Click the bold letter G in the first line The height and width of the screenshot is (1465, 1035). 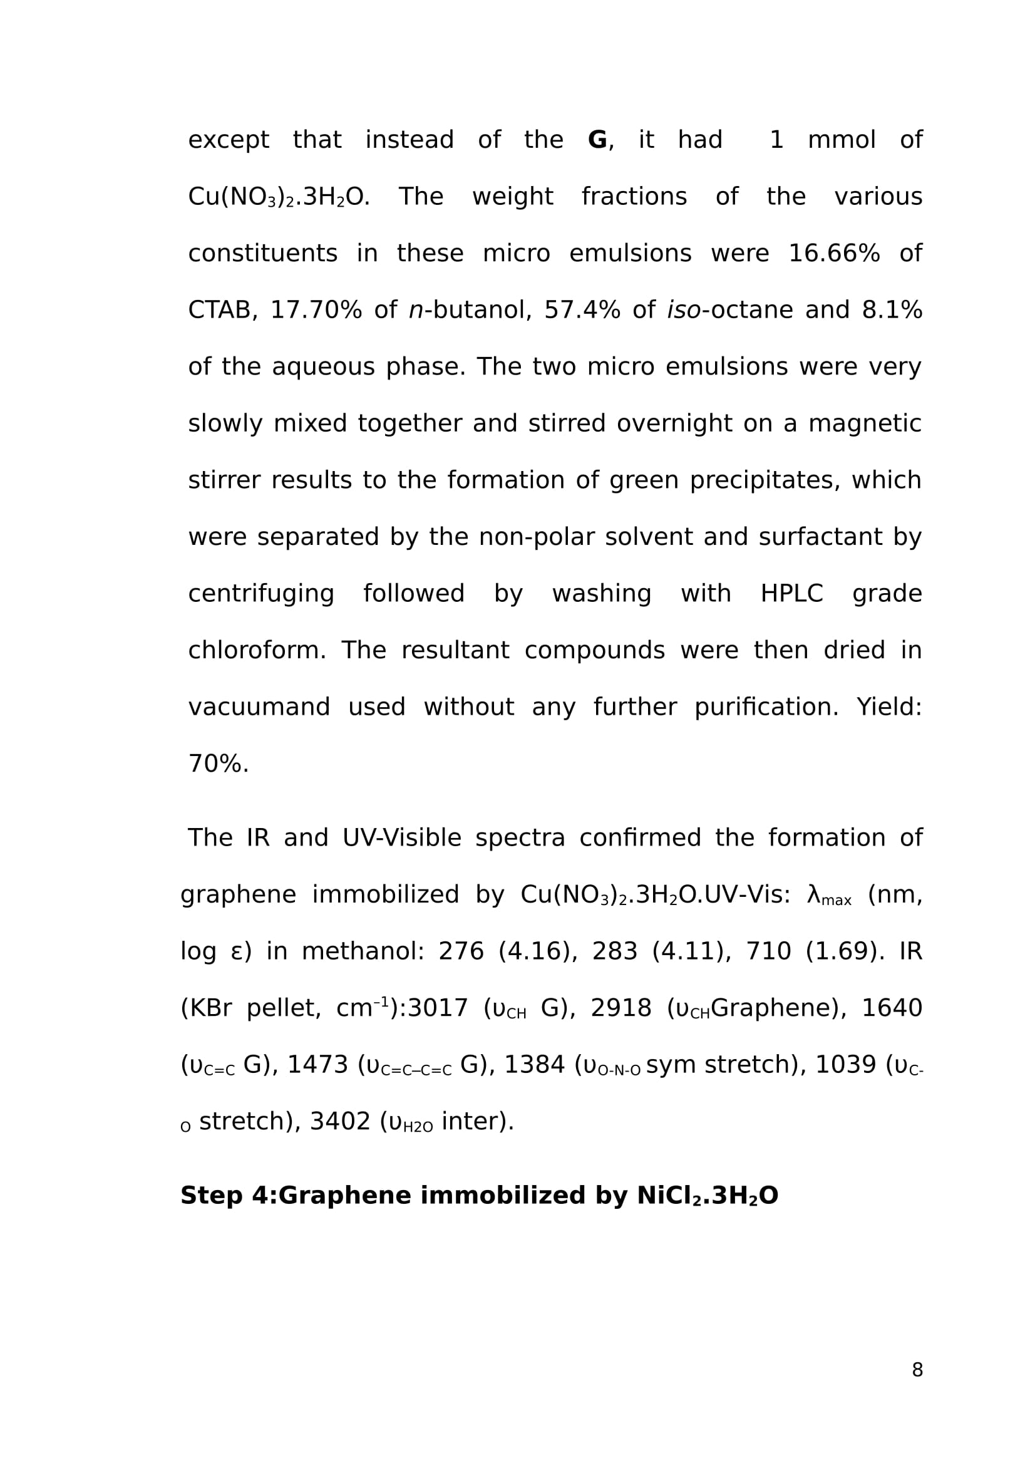coord(597,140)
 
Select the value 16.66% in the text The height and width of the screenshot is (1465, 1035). coord(833,254)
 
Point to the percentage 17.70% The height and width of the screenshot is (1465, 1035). coord(316,311)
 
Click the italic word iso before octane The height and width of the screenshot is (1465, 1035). coord(684,311)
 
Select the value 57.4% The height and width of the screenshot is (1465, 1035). coord(582,311)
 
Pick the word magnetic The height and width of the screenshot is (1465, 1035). coord(864,424)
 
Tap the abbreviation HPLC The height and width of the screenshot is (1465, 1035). coord(791,594)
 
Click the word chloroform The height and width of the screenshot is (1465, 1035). coord(254,651)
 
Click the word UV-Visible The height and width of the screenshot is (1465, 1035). coord(401,839)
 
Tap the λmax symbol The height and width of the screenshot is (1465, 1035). coord(828,896)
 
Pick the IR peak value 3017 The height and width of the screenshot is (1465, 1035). coord(438,1009)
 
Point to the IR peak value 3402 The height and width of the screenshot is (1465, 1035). coord(339,1122)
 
